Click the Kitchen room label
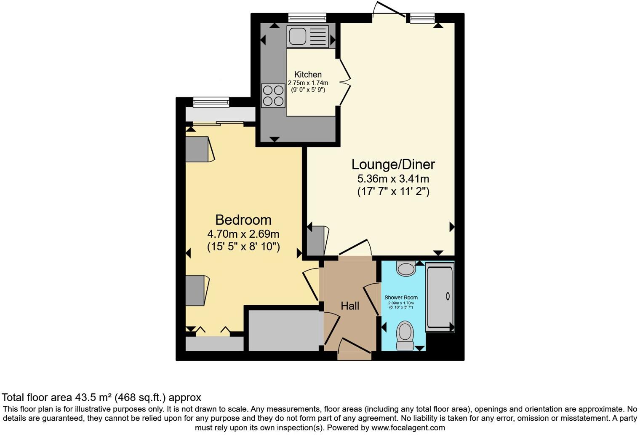pyautogui.click(x=308, y=75)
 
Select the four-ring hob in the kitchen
pyautogui.click(x=273, y=96)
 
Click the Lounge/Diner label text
pyautogui.click(x=393, y=164)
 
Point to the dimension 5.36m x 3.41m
pyautogui.click(x=393, y=179)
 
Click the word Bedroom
pyautogui.click(x=243, y=220)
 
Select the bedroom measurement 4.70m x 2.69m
pyautogui.click(x=243, y=234)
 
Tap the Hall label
pyautogui.click(x=349, y=306)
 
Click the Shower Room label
pyautogui.click(x=401, y=298)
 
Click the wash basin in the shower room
pyautogui.click(x=406, y=269)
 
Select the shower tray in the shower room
pyautogui.click(x=440, y=297)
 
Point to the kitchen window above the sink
pyautogui.click(x=307, y=18)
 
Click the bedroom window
pyautogui.click(x=211, y=102)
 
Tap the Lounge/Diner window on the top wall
pyautogui.click(x=422, y=18)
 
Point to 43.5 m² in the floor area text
pyautogui.click(x=93, y=397)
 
